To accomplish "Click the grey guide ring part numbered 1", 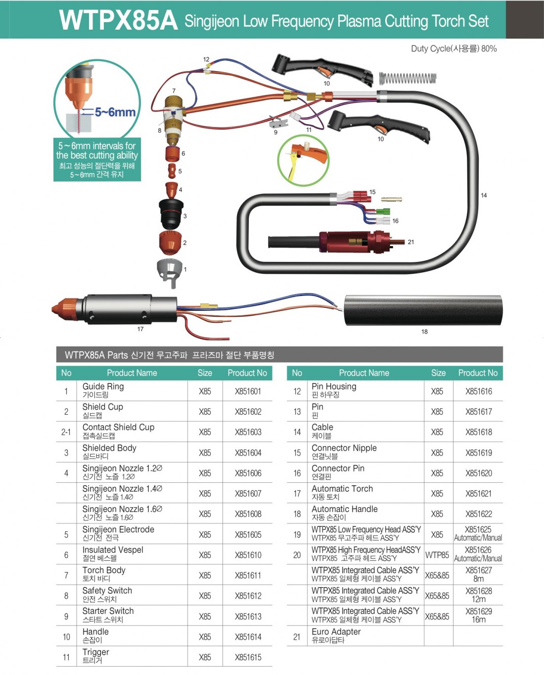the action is pyautogui.click(x=170, y=272).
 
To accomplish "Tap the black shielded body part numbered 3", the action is pyautogui.click(x=171, y=214).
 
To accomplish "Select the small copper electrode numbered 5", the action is pyautogui.click(x=172, y=170).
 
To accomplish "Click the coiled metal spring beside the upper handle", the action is pyautogui.click(x=408, y=79).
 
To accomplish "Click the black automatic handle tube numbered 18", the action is pyautogui.click(x=423, y=310).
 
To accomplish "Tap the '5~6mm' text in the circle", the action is pyautogui.click(x=115, y=112).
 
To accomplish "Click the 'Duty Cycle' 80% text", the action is pyautogui.click(x=454, y=48).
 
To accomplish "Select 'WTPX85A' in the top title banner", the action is pyautogui.click(x=118, y=20).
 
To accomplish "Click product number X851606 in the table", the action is pyautogui.click(x=248, y=473).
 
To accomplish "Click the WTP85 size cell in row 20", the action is pyautogui.click(x=437, y=555).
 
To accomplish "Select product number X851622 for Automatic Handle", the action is pyautogui.click(x=479, y=514).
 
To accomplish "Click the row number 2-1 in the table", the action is pyautogui.click(x=66, y=432).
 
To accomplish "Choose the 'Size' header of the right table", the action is pyautogui.click(x=438, y=373).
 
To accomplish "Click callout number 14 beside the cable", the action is pyautogui.click(x=484, y=195).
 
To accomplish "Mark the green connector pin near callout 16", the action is pyautogui.click(x=383, y=211).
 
